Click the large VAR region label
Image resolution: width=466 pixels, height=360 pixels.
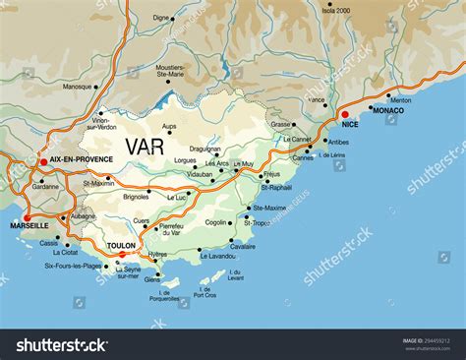(145, 146)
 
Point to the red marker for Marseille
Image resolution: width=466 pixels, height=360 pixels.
(28, 218)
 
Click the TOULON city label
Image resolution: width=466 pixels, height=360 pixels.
(122, 245)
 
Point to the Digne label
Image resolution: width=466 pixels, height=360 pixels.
(161, 17)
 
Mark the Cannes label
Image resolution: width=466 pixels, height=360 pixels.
(303, 157)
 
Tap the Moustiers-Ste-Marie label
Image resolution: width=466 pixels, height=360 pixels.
(179, 70)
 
